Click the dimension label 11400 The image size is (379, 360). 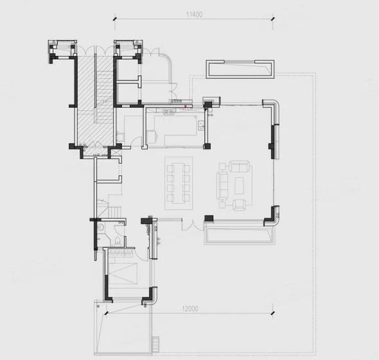195,14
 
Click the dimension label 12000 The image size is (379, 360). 190,309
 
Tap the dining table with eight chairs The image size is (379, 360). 179,184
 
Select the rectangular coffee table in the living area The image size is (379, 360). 239,185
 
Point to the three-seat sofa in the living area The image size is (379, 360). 223,185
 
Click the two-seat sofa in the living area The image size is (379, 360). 240,166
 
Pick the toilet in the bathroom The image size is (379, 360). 117,241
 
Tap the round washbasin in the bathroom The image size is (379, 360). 101,227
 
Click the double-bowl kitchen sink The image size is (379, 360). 201,126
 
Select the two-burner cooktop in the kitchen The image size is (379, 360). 169,111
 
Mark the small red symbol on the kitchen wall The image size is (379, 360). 185,107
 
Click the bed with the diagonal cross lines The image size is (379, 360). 123,273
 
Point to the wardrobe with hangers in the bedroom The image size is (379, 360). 121,253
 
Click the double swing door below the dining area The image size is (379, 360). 193,225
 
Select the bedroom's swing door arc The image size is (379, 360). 141,255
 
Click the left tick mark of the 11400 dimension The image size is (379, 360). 115,19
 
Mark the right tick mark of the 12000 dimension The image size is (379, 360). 273,313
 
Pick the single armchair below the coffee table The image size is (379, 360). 240,205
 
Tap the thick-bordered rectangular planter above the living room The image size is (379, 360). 240,69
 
